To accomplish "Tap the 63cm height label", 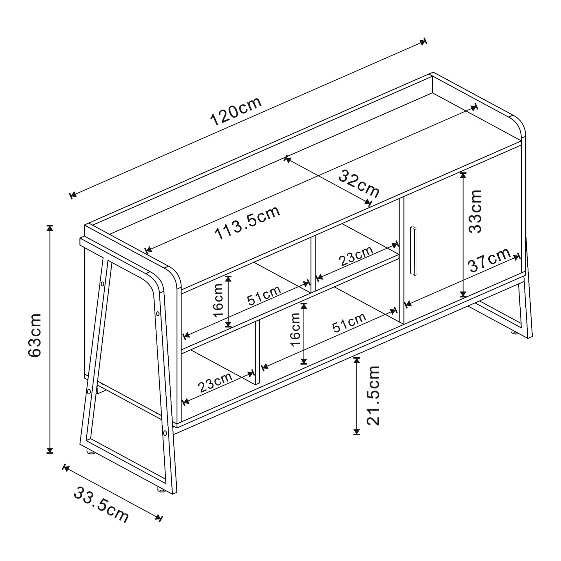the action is pyautogui.click(x=35, y=335).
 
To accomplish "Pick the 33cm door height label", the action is pyautogui.click(x=475, y=211).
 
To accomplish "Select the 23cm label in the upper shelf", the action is pyautogui.click(x=357, y=256).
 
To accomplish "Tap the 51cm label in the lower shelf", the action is pyautogui.click(x=349, y=323).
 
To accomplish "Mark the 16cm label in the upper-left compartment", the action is pyautogui.click(x=218, y=300).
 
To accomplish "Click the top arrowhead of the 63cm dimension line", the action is pyautogui.click(x=50, y=227).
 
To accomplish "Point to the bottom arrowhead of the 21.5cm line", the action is pyautogui.click(x=357, y=432).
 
